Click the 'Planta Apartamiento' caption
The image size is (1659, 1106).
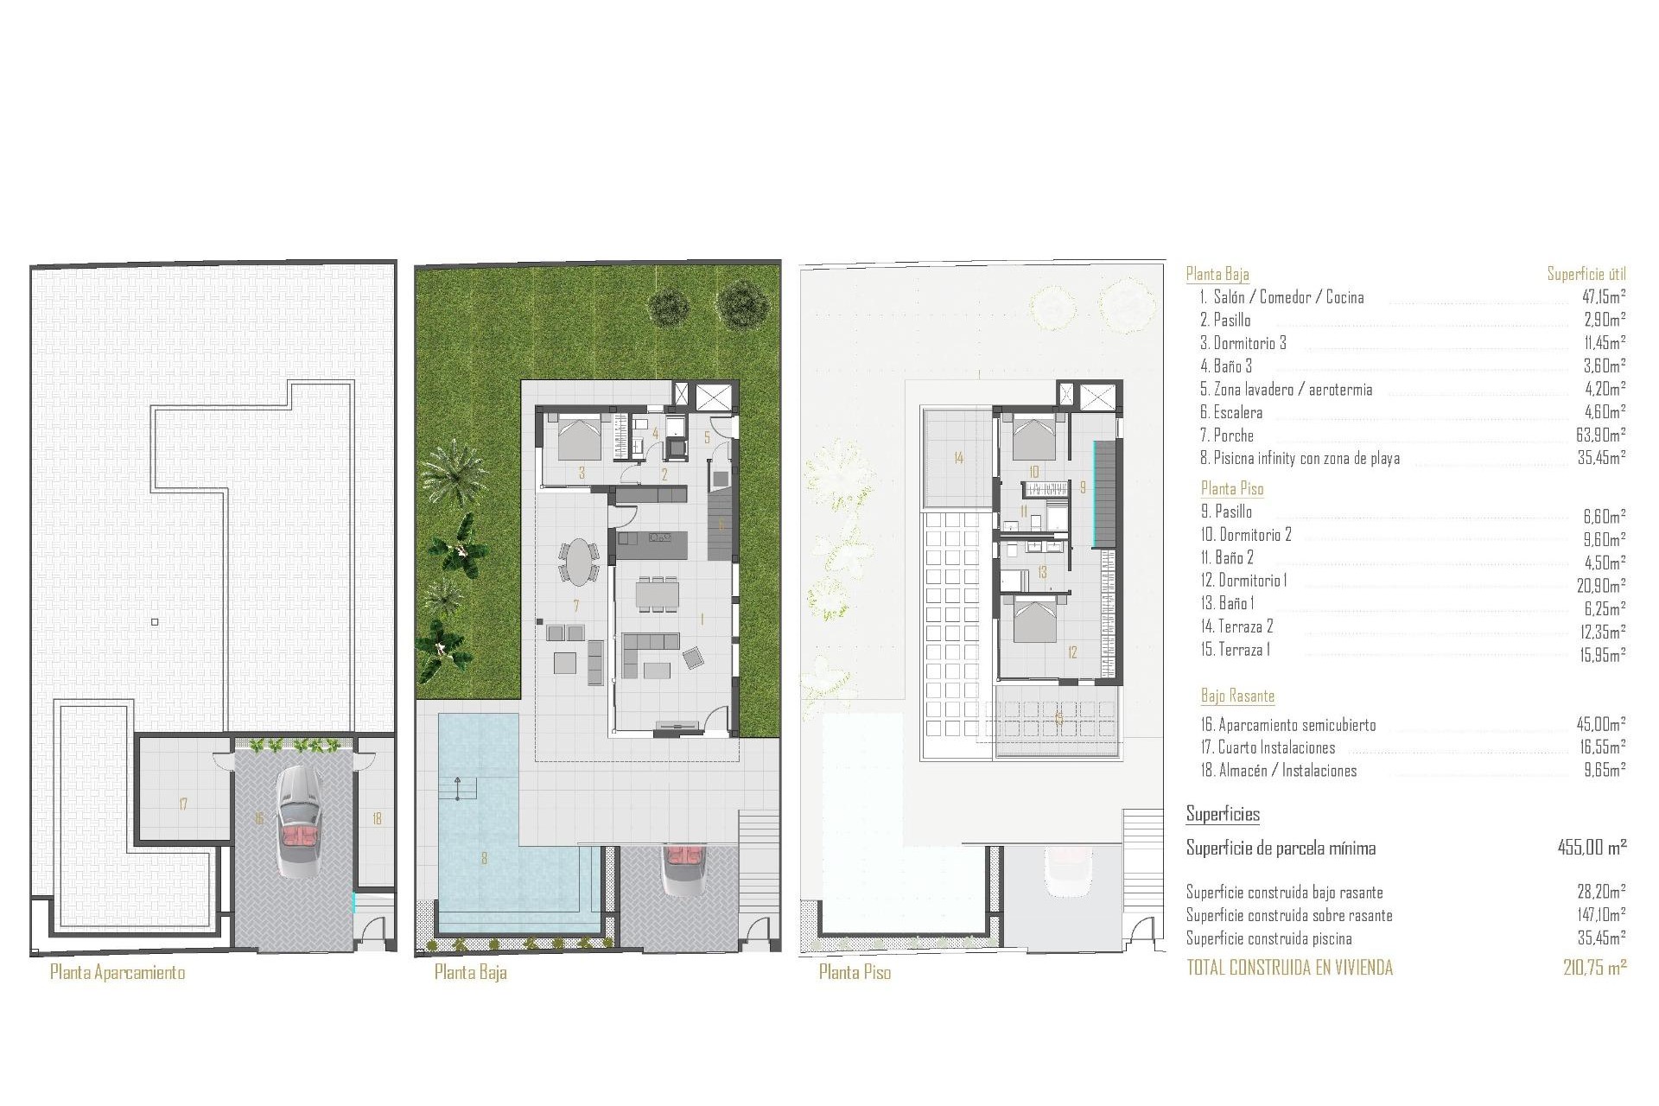click(118, 972)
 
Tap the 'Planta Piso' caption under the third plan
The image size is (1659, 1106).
click(855, 972)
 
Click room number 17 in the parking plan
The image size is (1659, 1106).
click(183, 804)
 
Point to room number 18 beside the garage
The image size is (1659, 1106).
click(377, 818)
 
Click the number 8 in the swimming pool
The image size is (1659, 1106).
click(485, 858)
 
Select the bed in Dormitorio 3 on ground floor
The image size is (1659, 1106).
click(578, 438)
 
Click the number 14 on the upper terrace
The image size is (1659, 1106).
click(958, 457)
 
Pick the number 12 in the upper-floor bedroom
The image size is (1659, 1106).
click(1072, 652)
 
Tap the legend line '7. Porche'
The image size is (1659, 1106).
click(1226, 435)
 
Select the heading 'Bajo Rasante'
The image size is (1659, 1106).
click(1237, 696)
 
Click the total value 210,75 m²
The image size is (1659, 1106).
click(1594, 968)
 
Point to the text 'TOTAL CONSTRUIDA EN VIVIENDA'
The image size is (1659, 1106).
click(1289, 968)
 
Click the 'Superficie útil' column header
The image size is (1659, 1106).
click(1586, 275)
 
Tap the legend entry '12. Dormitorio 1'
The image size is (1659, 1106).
click(1243, 581)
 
